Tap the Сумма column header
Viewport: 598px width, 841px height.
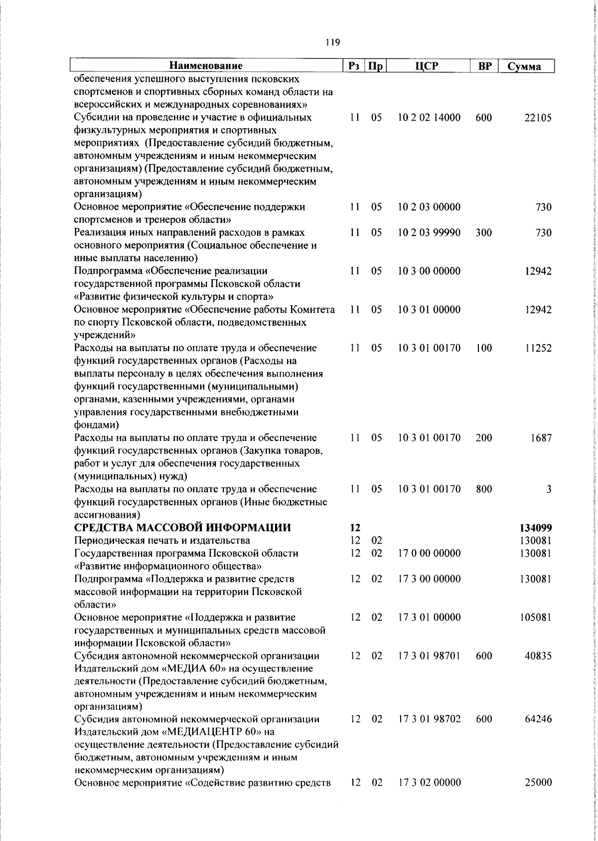tap(527, 66)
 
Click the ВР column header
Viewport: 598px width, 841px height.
tap(484, 66)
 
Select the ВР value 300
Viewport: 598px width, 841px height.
tap(483, 232)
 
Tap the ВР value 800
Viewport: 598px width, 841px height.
tap(483, 489)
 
